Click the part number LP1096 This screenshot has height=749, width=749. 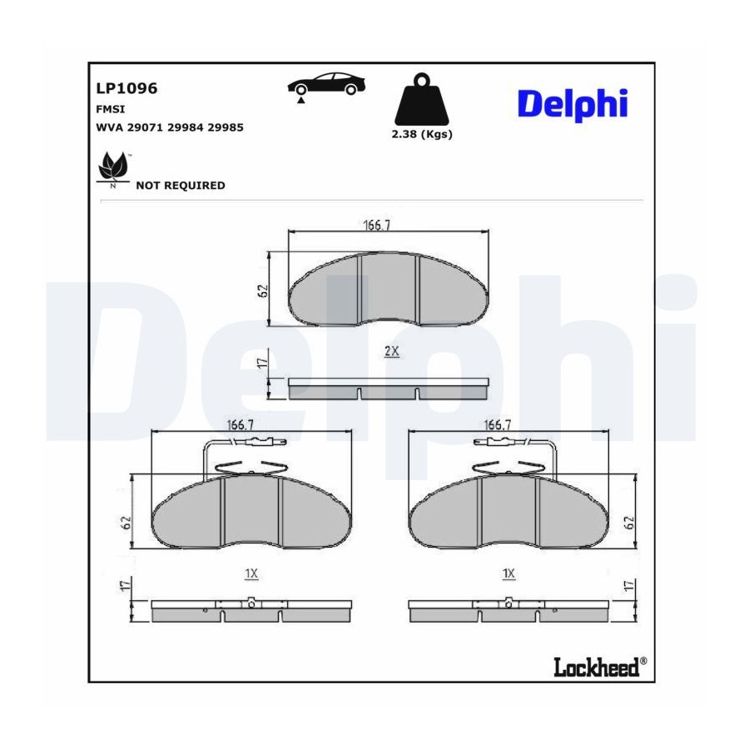[126, 88]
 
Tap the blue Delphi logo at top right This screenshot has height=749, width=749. [573, 105]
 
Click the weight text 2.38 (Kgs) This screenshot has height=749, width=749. [422, 134]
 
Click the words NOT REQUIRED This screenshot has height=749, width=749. [181, 186]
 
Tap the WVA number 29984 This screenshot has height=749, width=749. [186, 127]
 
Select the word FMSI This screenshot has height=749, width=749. [111, 109]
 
